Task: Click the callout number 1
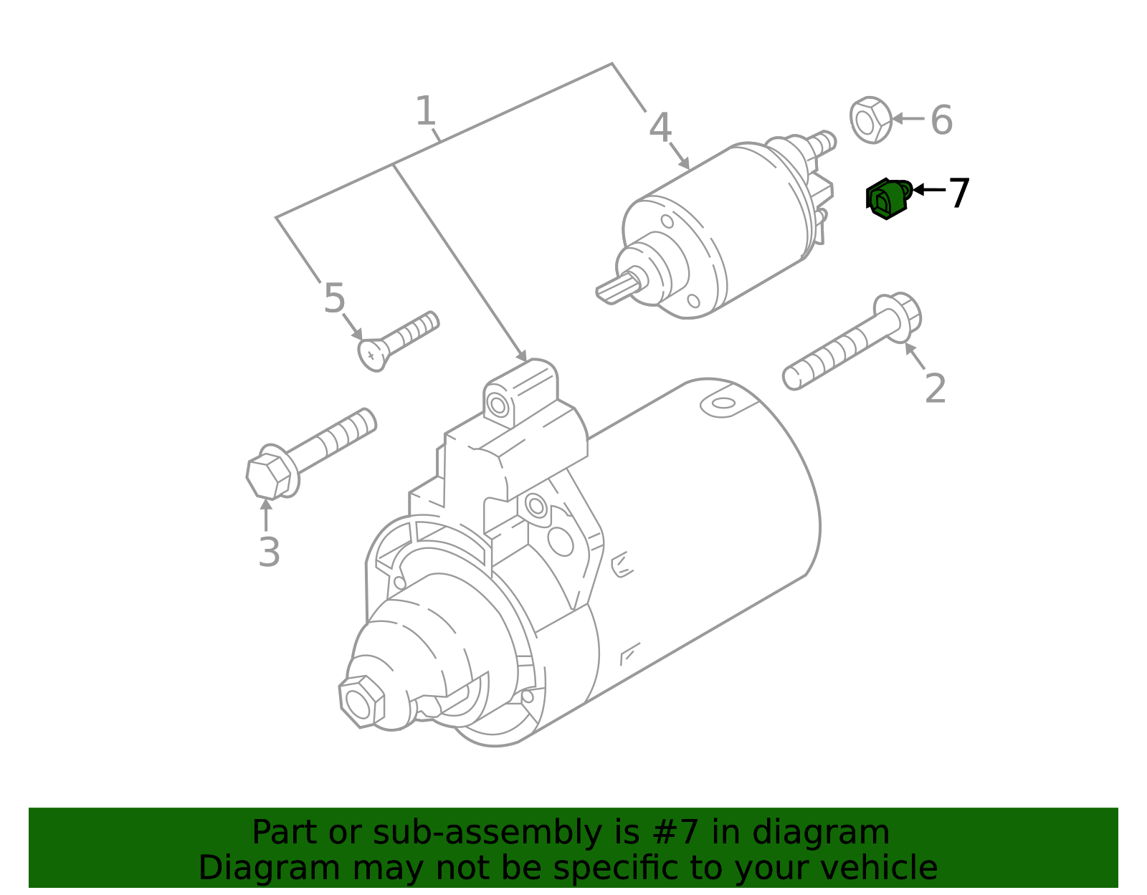426,113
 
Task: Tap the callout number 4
660,129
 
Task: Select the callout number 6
941,120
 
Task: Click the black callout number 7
959,193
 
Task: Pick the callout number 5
334,299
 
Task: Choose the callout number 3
269,553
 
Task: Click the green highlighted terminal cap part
887,198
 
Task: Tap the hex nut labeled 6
871,120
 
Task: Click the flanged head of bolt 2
900,316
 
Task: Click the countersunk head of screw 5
371,355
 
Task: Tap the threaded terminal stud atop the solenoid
824,141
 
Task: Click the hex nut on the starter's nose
361,701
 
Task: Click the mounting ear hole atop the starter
497,406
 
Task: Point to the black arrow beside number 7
929,190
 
